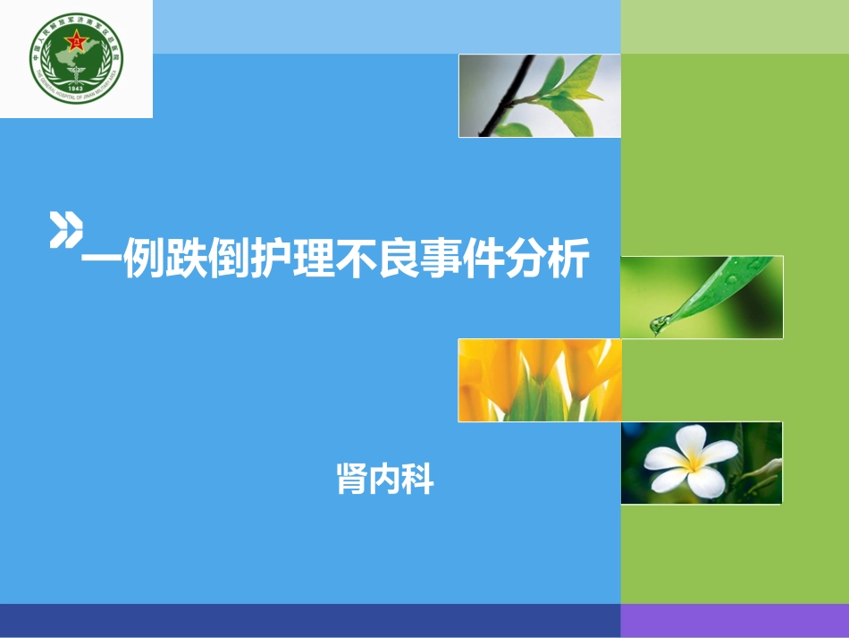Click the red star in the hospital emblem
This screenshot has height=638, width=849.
(77, 41)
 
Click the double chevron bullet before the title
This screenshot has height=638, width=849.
(65, 230)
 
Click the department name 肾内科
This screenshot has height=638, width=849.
(384, 479)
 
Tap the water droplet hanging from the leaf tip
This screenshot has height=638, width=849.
(660, 325)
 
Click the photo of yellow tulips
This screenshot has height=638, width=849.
(539, 380)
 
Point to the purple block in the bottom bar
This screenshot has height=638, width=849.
(735, 620)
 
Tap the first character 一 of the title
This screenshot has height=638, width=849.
(102, 261)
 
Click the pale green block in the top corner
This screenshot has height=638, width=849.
(735, 27)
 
